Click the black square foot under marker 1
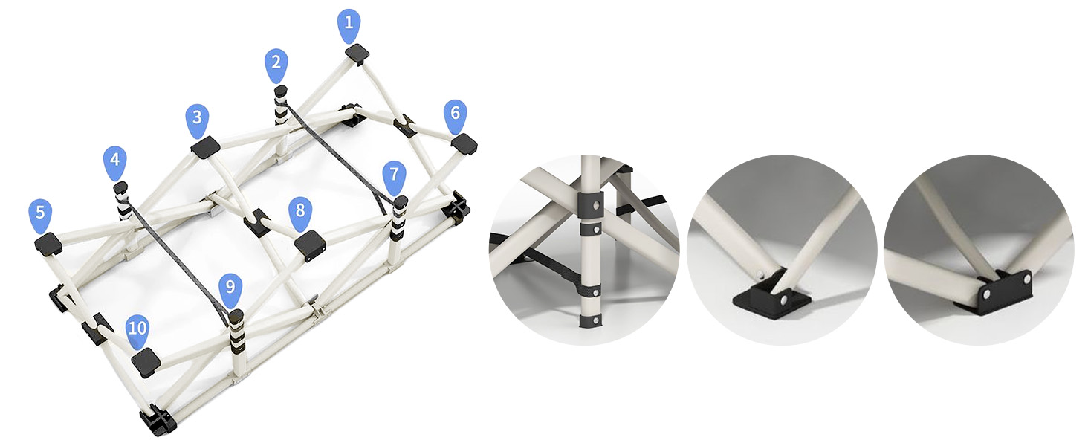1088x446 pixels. click(358, 54)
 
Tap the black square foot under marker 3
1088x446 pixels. click(205, 147)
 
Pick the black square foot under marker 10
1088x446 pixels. click(146, 361)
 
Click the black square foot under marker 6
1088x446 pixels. click(464, 144)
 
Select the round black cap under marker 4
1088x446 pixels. click(120, 187)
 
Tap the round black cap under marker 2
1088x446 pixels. click(281, 91)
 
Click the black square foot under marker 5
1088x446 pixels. click(48, 243)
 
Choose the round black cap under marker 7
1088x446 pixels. click(401, 201)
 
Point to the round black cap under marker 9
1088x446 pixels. click(236, 316)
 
